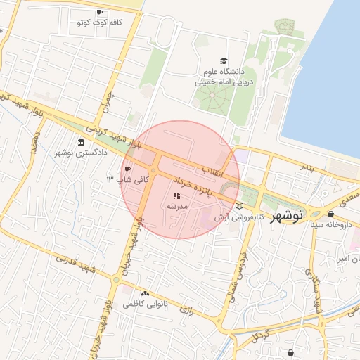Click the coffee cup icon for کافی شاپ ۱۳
click(x=127, y=169)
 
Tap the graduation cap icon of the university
click(x=224, y=61)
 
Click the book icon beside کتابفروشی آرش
click(x=241, y=206)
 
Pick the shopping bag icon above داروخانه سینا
click(x=331, y=214)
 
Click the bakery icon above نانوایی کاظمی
click(x=145, y=293)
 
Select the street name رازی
click(x=186, y=308)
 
